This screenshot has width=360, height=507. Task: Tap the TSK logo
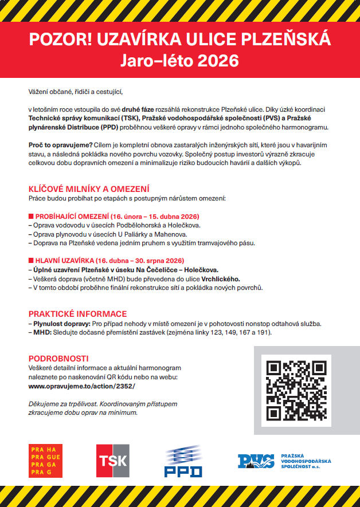pyautogui.click(x=112, y=461)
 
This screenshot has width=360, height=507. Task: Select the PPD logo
pyautogui.click(x=183, y=461)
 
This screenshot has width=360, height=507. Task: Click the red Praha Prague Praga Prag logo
pyautogui.click(x=45, y=461)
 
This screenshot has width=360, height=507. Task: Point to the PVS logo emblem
pyautogui.click(x=256, y=461)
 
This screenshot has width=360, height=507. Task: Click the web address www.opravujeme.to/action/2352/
pyautogui.click(x=82, y=386)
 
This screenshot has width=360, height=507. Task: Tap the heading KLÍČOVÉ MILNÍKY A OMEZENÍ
pyautogui.click(x=89, y=189)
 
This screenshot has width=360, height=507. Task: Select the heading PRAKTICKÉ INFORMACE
pyautogui.click(x=77, y=314)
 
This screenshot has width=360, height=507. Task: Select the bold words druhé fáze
pyautogui.click(x=139, y=109)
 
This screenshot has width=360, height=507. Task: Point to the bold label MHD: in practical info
pyautogui.click(x=42, y=332)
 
